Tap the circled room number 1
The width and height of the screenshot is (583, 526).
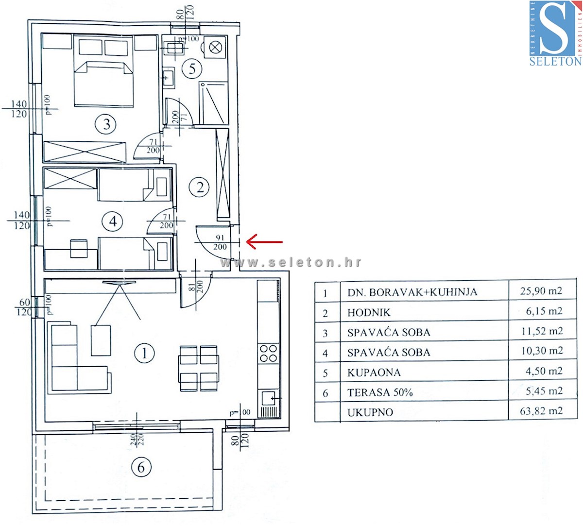pos(144,353)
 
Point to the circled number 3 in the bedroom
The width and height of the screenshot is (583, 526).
pos(106,124)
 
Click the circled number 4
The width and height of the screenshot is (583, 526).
pos(113,222)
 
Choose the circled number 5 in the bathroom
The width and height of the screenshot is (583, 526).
pos(192,68)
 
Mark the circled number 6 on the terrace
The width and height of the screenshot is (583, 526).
pos(141,467)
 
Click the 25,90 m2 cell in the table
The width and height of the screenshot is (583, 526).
pos(541,291)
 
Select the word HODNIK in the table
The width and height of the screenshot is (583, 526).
pos(369,313)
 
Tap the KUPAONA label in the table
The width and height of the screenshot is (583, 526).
pos(374,373)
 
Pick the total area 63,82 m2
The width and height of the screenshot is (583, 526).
pos(541,411)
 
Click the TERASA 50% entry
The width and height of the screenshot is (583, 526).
pos(380,392)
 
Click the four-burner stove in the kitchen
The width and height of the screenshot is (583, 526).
pos(268,354)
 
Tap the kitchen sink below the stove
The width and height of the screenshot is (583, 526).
pos(269,399)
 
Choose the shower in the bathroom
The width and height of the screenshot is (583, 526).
pos(213,103)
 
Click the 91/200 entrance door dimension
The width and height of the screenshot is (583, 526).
pos(220,242)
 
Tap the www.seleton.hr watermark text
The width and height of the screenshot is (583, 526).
pos(291,262)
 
